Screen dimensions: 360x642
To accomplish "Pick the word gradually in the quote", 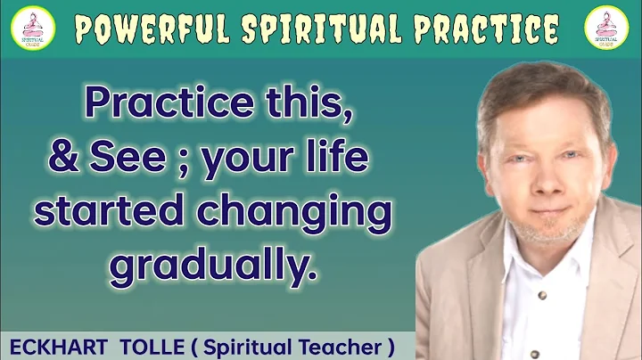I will pos(213,266).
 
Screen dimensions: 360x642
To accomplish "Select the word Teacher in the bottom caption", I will pos(339,345).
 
